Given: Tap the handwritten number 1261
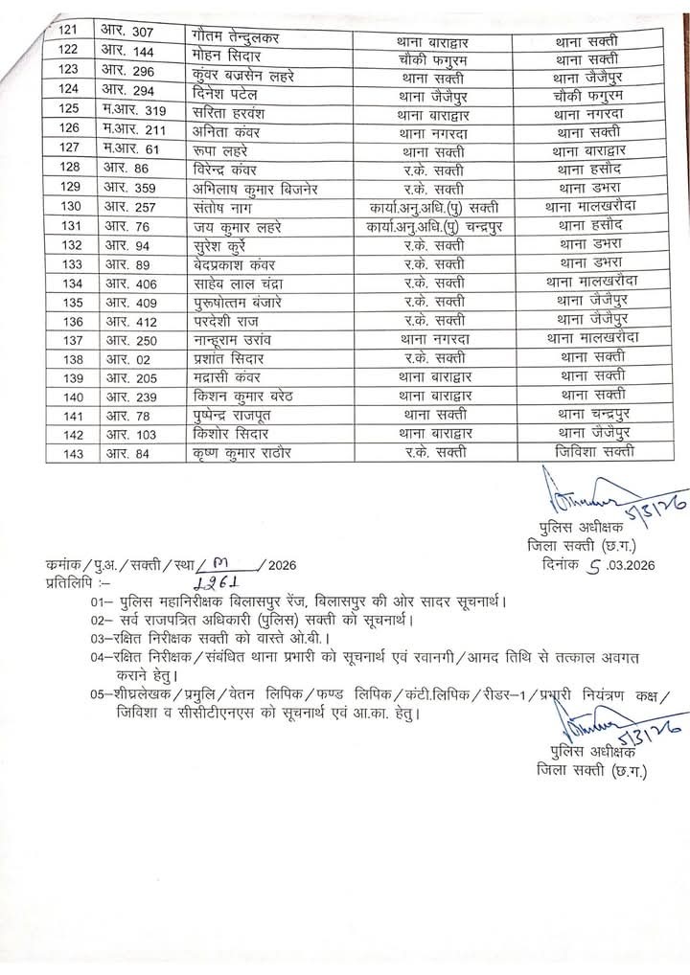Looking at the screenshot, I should pos(217,583).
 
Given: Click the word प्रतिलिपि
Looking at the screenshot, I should pos(70,582).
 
